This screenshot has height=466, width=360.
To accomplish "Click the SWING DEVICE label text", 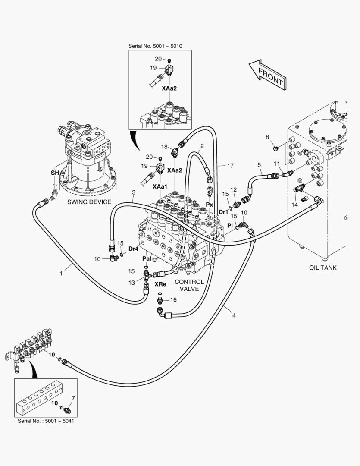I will pos(89,202).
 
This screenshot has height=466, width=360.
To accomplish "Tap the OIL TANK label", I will pos(322,268).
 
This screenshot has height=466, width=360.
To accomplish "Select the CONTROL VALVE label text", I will pos(189,285).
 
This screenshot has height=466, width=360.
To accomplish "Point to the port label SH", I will pos(54,173).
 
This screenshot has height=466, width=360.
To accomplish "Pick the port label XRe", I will pos(160,284).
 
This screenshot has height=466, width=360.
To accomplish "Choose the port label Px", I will pos(210,204).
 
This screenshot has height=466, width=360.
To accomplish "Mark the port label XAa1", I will pos(160,186).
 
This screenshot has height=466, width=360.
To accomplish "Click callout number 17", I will pos(231,165).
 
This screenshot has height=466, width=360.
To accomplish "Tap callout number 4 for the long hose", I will pos(234,315).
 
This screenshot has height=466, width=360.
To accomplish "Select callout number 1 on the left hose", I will pos(61,273).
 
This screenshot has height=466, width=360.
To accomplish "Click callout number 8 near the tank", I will pos(267,137).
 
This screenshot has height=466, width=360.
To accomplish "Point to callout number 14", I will pos(294,205).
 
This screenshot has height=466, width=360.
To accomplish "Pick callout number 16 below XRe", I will pos(174,299).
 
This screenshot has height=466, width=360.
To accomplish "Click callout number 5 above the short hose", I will pos(259,164).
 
